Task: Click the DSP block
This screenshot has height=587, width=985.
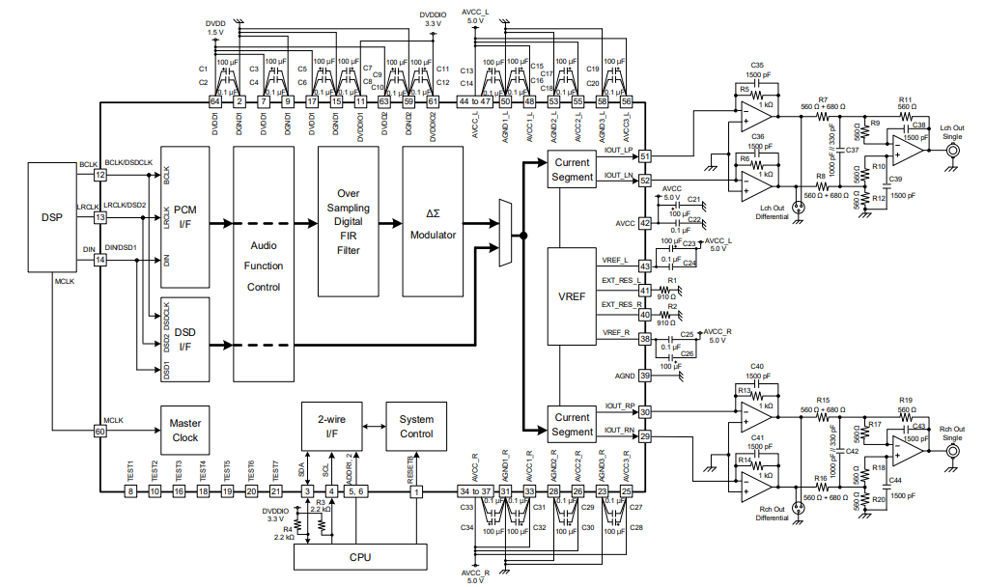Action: [x=52, y=217]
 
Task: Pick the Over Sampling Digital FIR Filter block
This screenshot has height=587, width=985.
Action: [x=348, y=221]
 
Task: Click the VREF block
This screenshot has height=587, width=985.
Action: [x=573, y=296]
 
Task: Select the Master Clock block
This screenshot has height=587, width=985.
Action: [x=184, y=431]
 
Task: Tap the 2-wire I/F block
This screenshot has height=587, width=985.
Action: [x=330, y=426]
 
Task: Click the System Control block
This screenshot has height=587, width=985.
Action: [x=416, y=426]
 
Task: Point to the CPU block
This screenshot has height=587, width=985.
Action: [x=358, y=557]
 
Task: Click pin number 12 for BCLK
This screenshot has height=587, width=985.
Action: [x=99, y=175]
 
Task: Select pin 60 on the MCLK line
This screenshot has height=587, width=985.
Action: [x=99, y=432]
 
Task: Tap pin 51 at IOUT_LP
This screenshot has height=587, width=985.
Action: [x=644, y=156]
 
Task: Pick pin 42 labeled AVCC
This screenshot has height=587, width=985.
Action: [x=644, y=223]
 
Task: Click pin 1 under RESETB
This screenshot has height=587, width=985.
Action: [x=416, y=491]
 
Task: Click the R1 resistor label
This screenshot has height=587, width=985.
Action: [x=672, y=280]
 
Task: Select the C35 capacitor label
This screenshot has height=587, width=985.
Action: [x=757, y=65]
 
